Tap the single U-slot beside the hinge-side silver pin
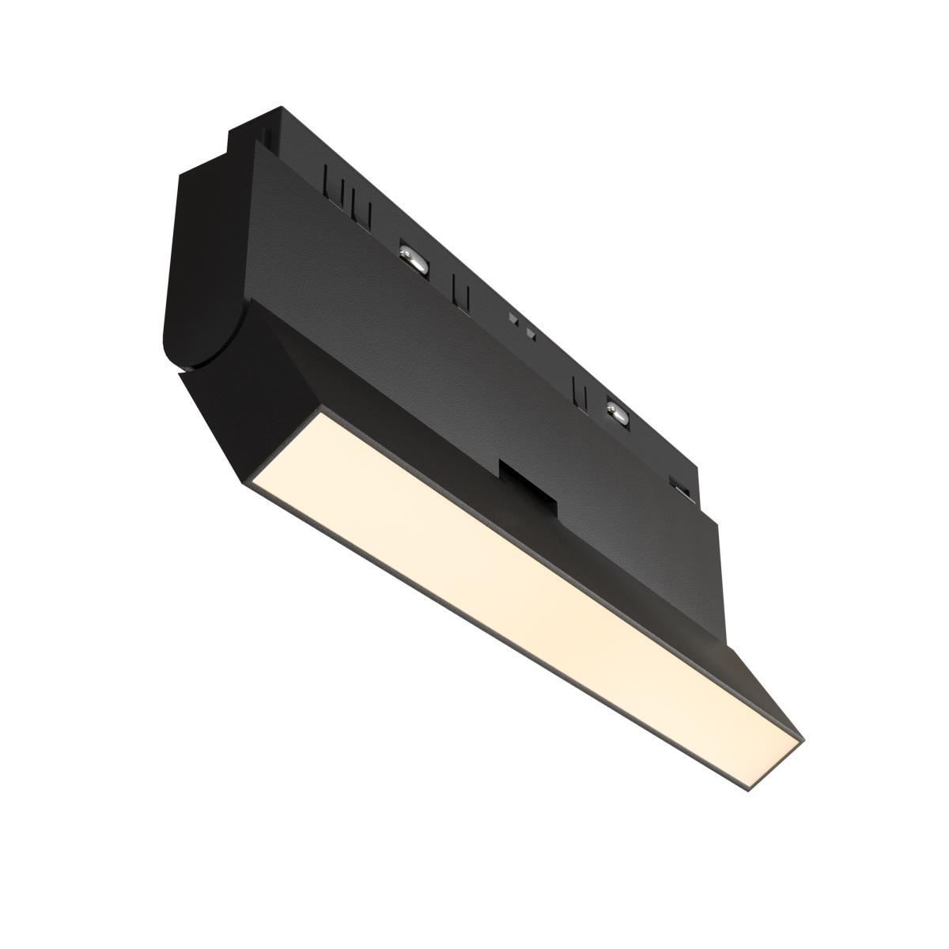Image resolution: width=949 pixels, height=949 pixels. (x=458, y=289)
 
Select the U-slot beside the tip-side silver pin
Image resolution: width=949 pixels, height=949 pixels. (x=580, y=388)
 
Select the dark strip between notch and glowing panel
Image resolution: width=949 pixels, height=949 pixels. (x=506, y=514)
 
